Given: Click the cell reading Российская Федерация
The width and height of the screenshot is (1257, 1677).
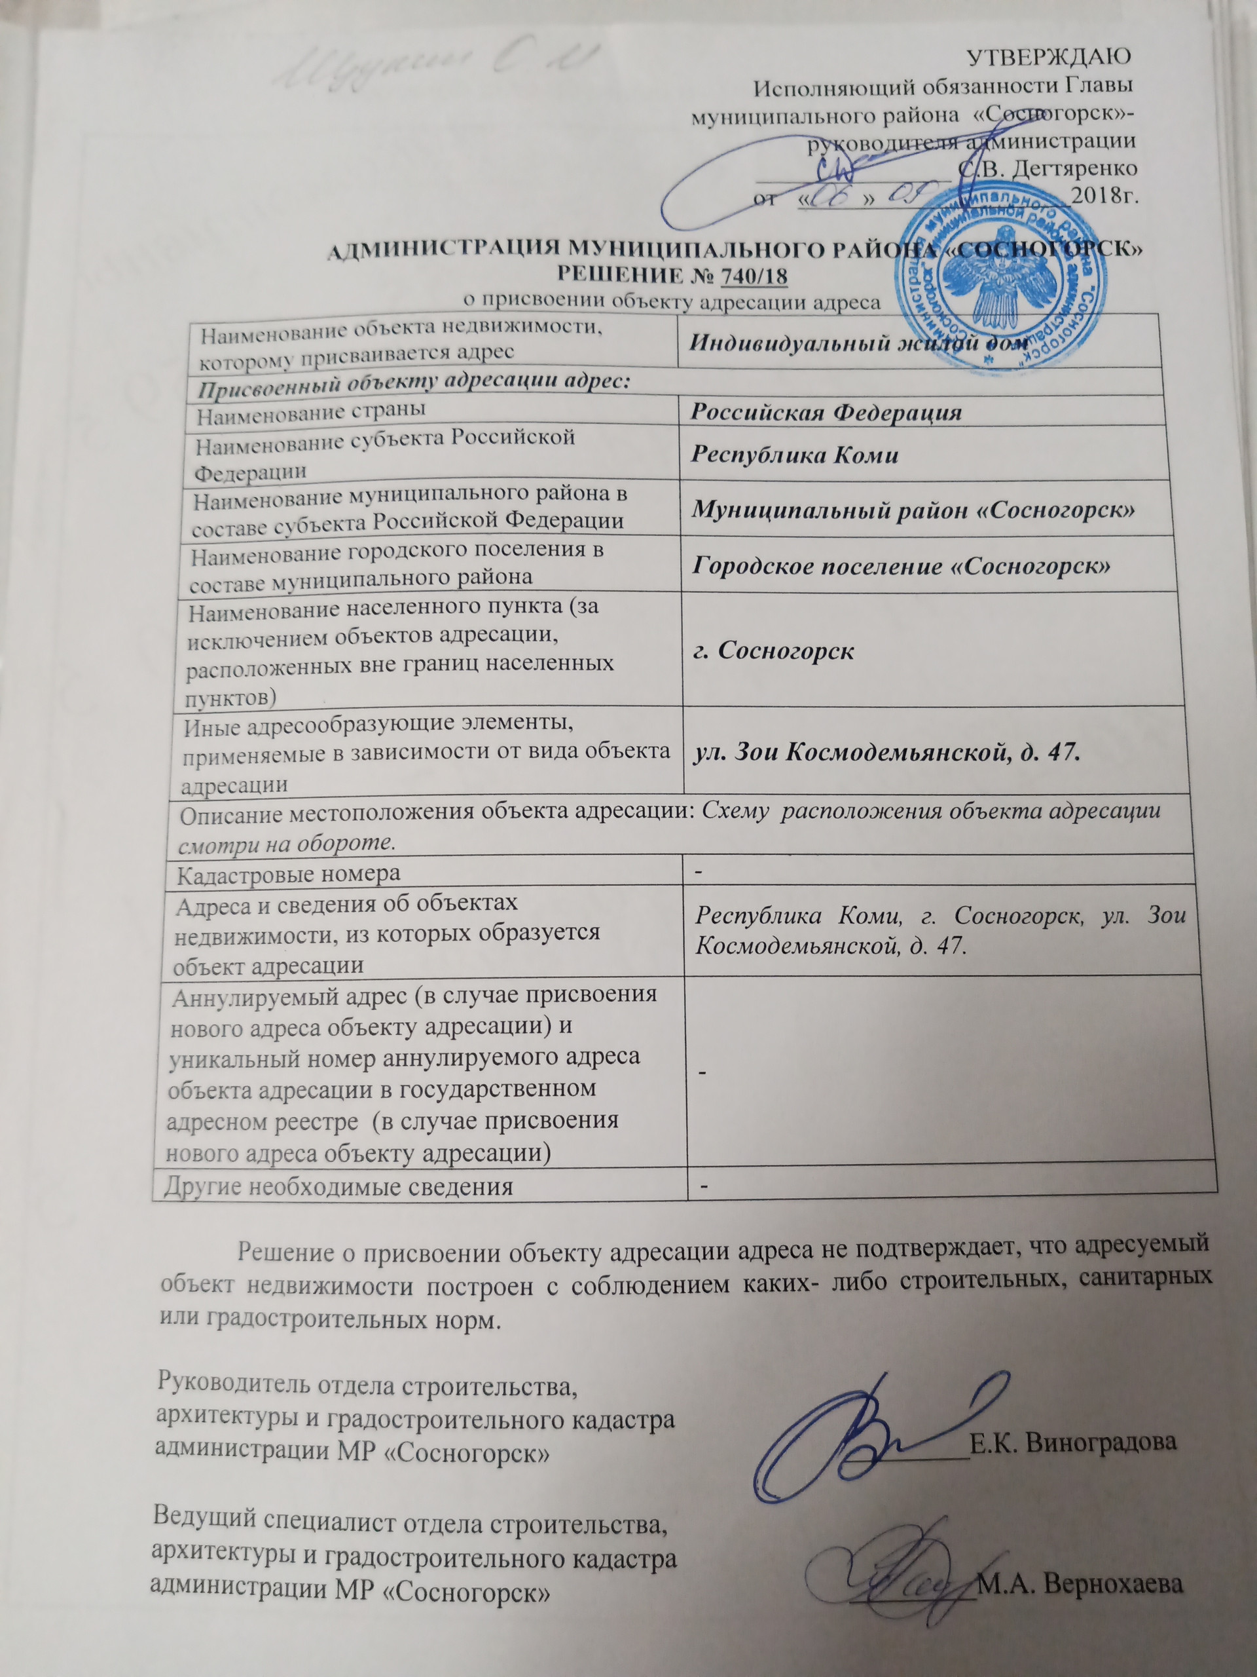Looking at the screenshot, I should [826, 413].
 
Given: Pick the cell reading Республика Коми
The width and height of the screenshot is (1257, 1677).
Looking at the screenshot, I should [795, 455].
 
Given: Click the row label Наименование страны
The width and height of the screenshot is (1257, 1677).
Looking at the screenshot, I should [311, 413].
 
